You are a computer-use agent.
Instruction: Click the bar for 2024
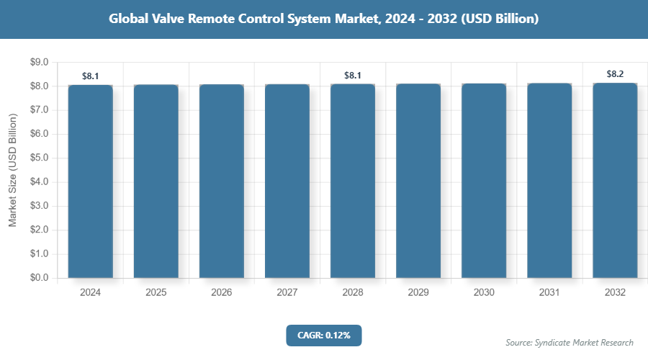click(91, 181)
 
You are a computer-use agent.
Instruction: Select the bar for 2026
click(222, 181)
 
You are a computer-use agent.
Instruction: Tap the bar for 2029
click(418, 181)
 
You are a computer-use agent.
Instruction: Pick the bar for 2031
click(549, 181)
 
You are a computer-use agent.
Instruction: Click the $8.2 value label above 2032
click(615, 73)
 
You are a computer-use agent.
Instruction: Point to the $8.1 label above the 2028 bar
click(353, 74)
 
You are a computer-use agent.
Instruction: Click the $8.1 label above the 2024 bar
click(91, 75)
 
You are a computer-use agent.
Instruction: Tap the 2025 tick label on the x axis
click(156, 293)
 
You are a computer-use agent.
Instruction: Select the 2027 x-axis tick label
click(287, 293)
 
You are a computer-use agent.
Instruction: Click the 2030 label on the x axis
click(484, 293)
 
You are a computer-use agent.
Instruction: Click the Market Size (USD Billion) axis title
click(12, 170)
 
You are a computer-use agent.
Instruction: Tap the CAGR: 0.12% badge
click(323, 335)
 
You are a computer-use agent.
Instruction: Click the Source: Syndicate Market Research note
click(570, 342)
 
